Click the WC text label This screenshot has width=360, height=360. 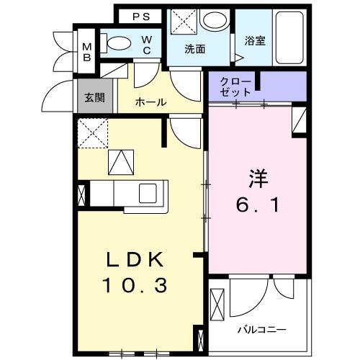tap(146, 45)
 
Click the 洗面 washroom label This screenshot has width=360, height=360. tap(195, 50)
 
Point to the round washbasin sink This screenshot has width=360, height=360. tap(212, 20)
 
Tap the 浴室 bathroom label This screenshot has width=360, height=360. tap(256, 40)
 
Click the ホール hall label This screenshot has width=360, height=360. tap(151, 102)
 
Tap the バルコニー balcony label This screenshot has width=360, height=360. tap(263, 330)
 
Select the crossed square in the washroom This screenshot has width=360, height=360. tap(183, 22)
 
